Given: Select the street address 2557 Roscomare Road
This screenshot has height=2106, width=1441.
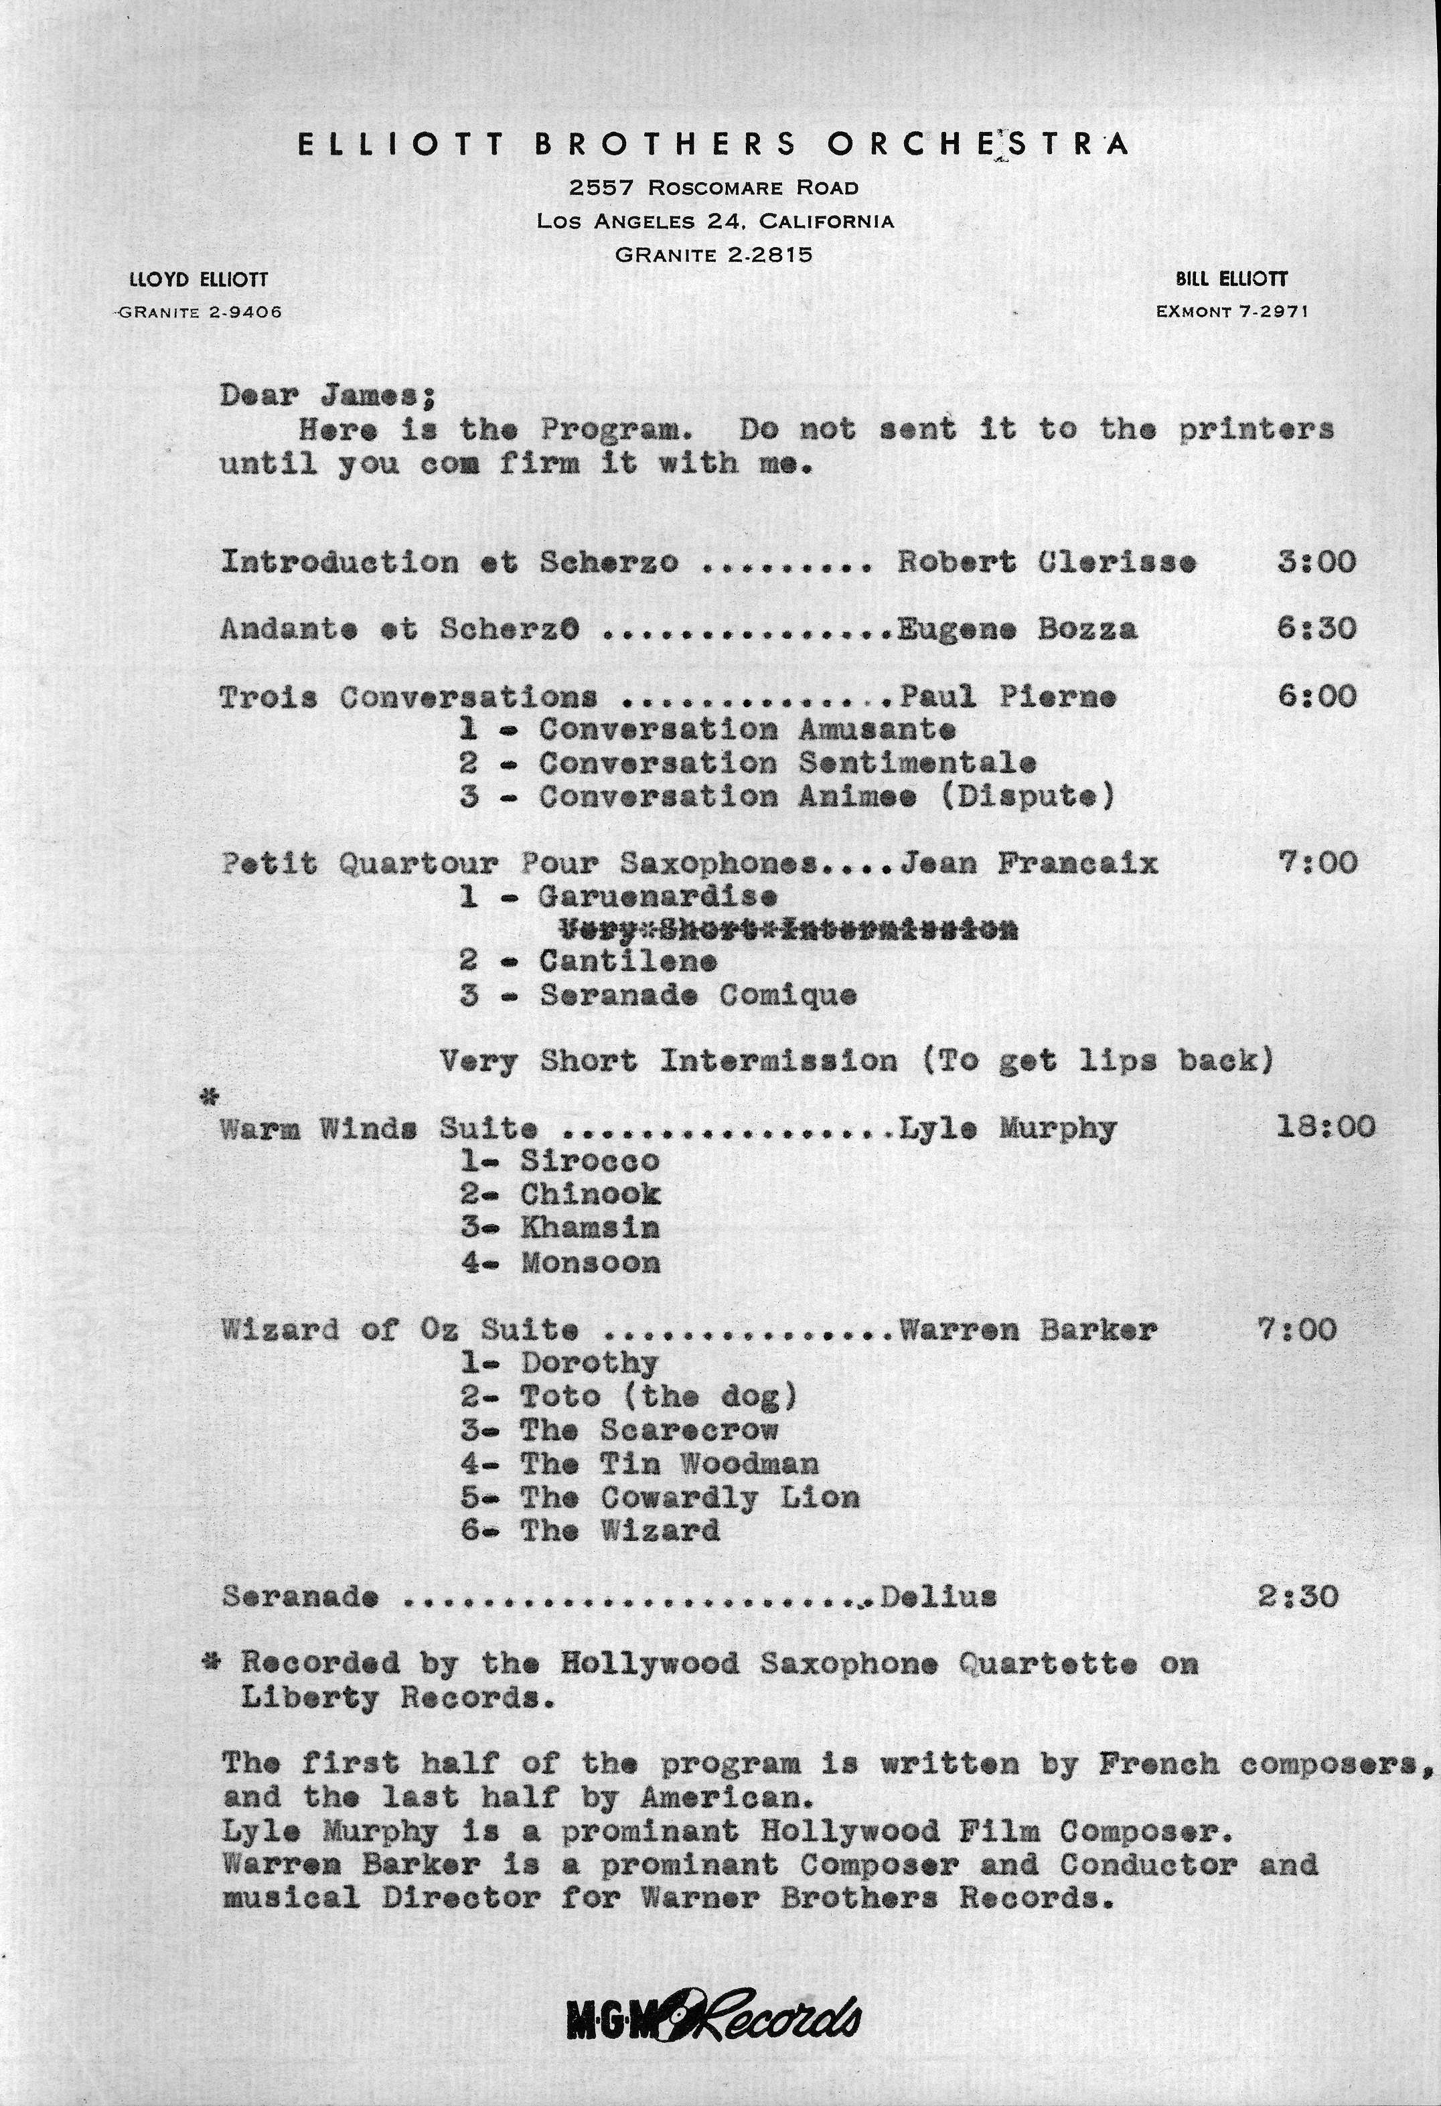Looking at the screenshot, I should [x=713, y=187].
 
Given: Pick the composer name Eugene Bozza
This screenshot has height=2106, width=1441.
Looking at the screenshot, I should [x=1017, y=629].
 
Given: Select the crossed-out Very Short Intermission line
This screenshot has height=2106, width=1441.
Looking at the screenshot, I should [x=787, y=929].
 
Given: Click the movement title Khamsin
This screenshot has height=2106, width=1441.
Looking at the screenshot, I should [x=589, y=1229].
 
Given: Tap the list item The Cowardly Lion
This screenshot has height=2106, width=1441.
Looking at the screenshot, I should [x=689, y=1497].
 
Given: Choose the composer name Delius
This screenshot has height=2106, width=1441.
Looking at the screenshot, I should [x=938, y=1596].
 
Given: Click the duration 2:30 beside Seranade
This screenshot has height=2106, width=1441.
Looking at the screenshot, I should [x=1297, y=1596].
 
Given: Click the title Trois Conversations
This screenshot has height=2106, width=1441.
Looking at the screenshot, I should [x=408, y=697].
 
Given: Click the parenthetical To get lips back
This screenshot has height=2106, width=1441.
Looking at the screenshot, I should [x=1097, y=1060].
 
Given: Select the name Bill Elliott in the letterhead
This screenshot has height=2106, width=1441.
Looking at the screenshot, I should [x=1231, y=280].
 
